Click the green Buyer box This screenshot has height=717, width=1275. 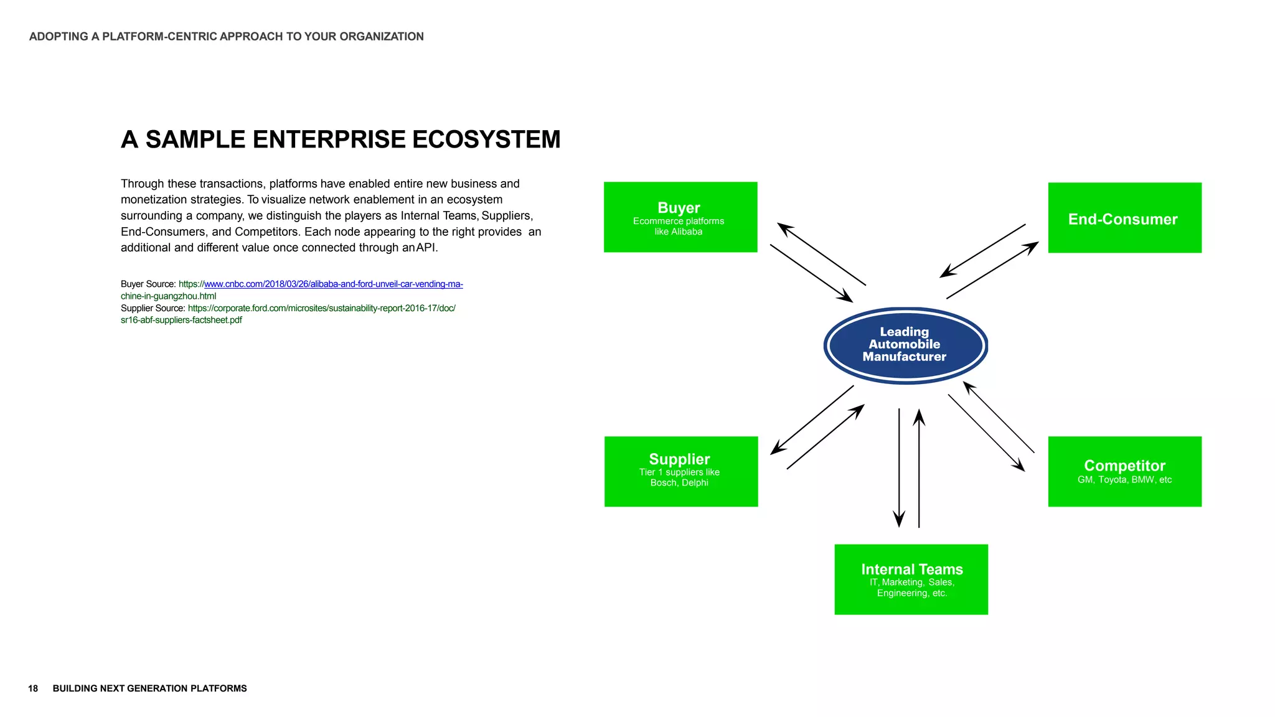coord(680,217)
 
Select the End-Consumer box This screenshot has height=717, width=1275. coord(1124,218)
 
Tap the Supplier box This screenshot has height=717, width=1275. coord(680,471)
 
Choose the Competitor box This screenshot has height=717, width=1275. coord(1124,471)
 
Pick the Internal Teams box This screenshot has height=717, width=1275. coord(911,579)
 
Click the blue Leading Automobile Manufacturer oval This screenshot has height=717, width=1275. coord(905,345)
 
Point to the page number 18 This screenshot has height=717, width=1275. coord(33,688)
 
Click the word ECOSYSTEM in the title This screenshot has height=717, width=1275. coord(486,139)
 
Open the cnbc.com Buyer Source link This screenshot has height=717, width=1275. coord(333,284)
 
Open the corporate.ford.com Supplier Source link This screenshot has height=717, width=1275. coord(321,308)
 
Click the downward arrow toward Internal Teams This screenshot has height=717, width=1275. coord(899,467)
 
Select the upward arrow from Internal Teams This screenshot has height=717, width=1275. coord(919,467)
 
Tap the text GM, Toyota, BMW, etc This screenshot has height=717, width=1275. coord(1124,480)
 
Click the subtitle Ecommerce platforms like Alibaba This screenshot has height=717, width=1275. coord(679,226)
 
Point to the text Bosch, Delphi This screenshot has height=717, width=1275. coord(679,483)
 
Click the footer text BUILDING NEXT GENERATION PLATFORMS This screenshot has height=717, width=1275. coord(149,688)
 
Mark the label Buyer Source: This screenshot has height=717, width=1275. coord(148,284)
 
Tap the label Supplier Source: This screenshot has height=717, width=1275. coord(153,308)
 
